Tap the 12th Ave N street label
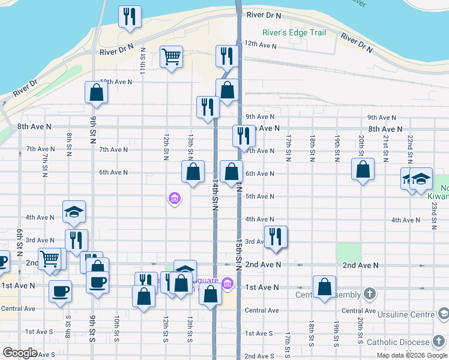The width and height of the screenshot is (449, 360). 260,44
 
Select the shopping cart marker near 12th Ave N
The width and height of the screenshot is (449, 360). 172,57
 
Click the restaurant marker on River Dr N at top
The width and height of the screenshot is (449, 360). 130,17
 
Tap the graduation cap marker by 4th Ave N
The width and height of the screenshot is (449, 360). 74,211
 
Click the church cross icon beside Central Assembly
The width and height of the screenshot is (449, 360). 370,294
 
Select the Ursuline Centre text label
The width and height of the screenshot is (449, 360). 405,314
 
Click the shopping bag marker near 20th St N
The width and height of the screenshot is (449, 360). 363,170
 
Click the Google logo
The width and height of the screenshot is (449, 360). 20,353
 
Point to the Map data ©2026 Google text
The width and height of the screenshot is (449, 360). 412,355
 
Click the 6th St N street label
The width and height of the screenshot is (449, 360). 20,239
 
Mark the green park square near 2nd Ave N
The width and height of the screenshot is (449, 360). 348,253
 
